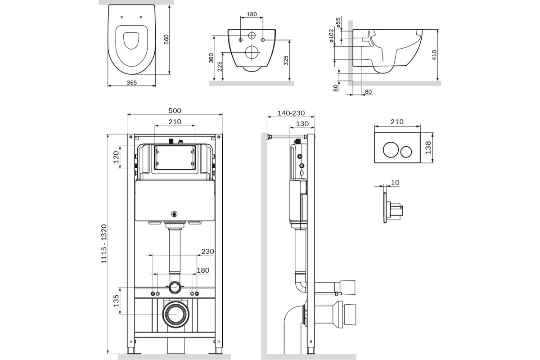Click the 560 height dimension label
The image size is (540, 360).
point(166,40)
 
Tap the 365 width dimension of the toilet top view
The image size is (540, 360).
point(132,83)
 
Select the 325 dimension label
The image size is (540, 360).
point(286,60)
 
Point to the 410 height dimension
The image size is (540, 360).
point(434,55)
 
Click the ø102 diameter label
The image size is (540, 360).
point(332,36)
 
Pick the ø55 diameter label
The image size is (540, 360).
point(338,22)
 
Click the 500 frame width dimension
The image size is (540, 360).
point(175,111)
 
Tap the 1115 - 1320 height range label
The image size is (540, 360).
point(104,244)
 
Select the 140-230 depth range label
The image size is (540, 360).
point(291,113)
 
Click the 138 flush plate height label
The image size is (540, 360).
point(428,148)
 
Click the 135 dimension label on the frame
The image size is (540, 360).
point(116,301)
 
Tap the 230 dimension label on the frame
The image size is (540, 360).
point(207,252)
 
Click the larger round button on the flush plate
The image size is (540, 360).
point(391,149)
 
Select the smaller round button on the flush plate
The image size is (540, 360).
point(406,152)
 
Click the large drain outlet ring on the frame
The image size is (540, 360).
point(176,315)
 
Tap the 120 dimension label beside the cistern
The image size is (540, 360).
point(116,157)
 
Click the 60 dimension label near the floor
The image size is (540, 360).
point(336,88)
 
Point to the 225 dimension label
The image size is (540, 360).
point(220,67)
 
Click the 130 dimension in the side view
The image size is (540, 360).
point(302,124)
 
